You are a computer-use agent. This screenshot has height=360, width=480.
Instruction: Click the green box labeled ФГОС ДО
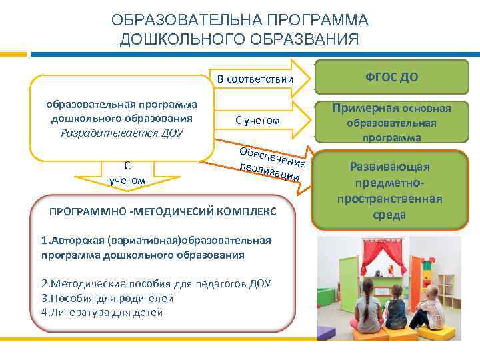click(x=391, y=77)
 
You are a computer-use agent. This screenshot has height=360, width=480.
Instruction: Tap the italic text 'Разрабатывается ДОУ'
click(x=120, y=132)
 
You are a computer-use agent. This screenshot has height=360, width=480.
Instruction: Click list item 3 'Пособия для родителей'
click(x=107, y=298)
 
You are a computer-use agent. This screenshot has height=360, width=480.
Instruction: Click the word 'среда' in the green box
click(x=391, y=215)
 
